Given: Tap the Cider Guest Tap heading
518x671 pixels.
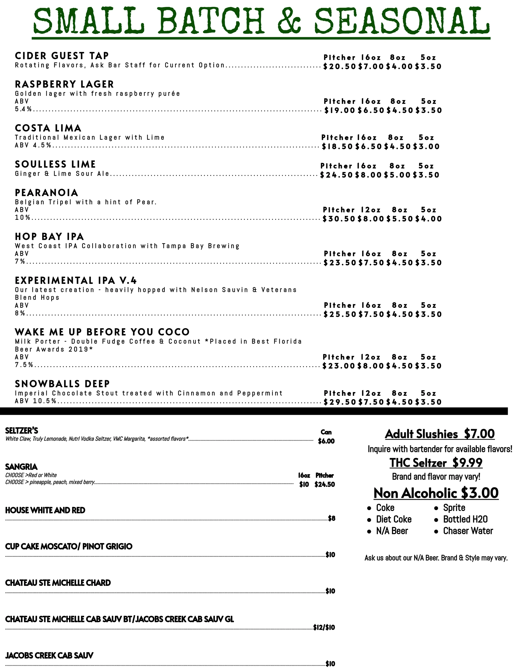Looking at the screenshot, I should click(x=62, y=56).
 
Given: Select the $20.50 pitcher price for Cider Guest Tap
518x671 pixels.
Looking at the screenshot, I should click(x=339, y=66).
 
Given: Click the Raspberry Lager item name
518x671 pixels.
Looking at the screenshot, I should click(x=64, y=84).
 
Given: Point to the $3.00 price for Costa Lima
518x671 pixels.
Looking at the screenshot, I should click(x=426, y=147).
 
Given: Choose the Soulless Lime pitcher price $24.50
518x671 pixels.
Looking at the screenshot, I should click(x=336, y=175).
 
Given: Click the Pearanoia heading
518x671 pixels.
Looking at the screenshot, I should click(x=46, y=193).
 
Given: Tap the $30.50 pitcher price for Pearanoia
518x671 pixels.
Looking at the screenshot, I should click(x=339, y=219).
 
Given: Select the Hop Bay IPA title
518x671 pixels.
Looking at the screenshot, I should click(x=49, y=237).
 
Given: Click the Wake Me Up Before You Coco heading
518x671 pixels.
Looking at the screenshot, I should click(x=102, y=332).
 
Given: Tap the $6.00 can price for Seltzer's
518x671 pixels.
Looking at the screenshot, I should click(x=326, y=441).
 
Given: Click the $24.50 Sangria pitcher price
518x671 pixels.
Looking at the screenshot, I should click(x=325, y=485).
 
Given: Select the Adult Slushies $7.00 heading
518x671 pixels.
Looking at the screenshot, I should click(x=439, y=434).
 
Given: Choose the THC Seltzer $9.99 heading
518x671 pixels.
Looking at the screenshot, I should click(x=436, y=462).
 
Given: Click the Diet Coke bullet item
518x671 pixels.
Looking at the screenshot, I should click(x=394, y=519).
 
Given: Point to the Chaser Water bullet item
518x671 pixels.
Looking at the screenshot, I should click(x=468, y=531).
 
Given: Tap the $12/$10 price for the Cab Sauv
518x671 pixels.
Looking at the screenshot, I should click(x=324, y=627).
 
